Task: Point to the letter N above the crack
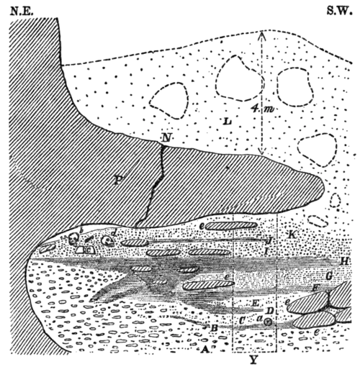[167, 137]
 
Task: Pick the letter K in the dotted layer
[292, 236]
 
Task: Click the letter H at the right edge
[345, 260]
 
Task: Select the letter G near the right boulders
[329, 276]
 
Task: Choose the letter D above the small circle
[269, 311]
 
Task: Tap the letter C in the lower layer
[243, 318]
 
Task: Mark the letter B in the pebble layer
[215, 329]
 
